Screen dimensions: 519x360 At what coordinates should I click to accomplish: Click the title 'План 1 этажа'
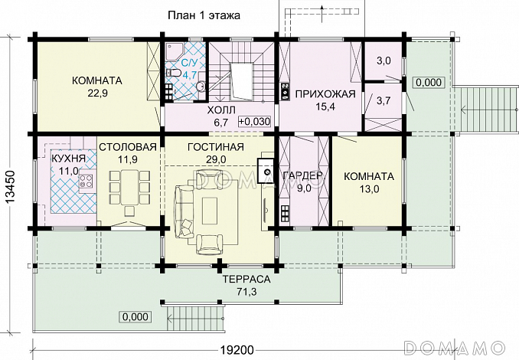[204, 15]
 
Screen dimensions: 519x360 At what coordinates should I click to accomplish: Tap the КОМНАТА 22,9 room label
[97, 87]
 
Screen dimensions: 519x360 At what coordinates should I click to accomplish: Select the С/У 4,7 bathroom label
[188, 69]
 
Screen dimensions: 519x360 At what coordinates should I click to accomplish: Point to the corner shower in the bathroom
[173, 51]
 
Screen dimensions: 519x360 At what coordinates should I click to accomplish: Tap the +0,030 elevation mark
[254, 122]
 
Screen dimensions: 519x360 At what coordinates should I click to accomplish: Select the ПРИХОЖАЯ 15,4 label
[325, 100]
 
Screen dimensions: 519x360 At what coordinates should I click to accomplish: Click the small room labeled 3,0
[384, 61]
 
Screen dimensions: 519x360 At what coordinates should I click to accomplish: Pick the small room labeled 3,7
[384, 100]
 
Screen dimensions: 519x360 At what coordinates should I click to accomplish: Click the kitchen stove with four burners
[86, 182]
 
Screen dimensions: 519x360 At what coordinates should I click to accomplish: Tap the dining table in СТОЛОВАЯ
[129, 188]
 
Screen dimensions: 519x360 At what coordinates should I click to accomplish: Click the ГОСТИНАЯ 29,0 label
[216, 152]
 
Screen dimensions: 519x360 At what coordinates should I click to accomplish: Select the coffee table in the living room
[210, 211]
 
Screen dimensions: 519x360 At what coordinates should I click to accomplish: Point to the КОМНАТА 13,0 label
[369, 182]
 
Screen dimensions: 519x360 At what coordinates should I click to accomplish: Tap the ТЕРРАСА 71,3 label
[246, 285]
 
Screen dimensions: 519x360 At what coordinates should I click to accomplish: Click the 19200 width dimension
[237, 349]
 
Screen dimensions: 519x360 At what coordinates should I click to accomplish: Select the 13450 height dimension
[10, 188]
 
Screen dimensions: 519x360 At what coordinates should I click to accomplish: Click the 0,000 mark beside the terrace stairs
[135, 317]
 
